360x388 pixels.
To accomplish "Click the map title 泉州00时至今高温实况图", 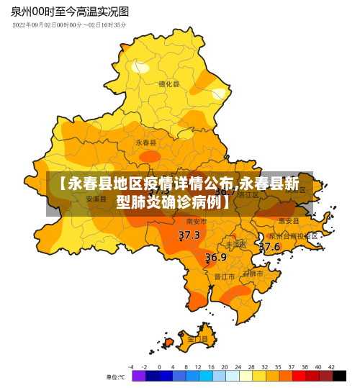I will pos(71,12).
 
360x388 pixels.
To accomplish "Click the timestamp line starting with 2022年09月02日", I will pos(69,25).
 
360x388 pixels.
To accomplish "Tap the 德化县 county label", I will pos(168,84).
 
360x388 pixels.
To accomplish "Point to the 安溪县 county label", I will pos(96,199).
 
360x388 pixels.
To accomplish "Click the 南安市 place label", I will pos(197,221).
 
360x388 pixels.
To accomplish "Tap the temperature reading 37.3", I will pos(189,235).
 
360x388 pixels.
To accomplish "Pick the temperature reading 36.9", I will pos(216,257).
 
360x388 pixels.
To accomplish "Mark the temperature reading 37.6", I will pos(269,247).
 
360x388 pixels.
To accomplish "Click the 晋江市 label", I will pos(225,276).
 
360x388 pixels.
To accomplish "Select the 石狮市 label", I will pos(253,274).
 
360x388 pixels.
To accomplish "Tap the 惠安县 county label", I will pos(289,220).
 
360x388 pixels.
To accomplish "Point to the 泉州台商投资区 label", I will pos(294,235).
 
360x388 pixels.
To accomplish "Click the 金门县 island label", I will pos(197,338).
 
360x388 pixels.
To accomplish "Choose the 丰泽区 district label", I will pos(235,244).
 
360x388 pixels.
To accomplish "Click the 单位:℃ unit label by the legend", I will pos(115,377).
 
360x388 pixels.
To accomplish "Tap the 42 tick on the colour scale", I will pos(331,366).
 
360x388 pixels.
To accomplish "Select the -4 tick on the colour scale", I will pos(131,366).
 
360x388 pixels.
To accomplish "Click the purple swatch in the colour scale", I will pos(138,376).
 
